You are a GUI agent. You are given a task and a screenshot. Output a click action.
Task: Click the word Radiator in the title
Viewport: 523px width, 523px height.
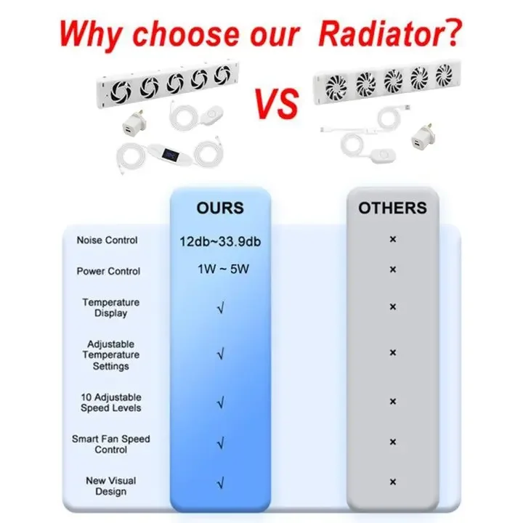click(x=381, y=33)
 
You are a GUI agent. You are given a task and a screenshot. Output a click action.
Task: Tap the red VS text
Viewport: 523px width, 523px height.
click(x=276, y=103)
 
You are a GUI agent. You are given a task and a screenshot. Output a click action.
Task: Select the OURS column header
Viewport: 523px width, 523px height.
click(x=220, y=208)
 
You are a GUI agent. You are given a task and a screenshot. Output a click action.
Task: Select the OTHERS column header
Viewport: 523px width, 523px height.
click(x=392, y=208)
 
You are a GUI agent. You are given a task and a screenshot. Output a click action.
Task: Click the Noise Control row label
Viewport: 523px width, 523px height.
click(x=107, y=240)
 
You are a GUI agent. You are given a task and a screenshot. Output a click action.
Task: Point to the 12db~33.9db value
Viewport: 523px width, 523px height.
click(x=220, y=241)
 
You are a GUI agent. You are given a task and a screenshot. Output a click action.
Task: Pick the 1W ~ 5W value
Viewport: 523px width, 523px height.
click(x=223, y=269)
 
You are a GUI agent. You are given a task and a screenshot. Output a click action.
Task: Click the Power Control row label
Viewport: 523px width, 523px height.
click(x=108, y=271)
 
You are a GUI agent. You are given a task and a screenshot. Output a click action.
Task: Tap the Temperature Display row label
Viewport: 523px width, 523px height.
click(x=110, y=307)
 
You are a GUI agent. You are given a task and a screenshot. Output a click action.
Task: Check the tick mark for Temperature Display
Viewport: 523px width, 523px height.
click(x=221, y=307)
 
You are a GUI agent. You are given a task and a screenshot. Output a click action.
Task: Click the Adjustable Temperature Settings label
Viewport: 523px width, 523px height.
click(x=110, y=355)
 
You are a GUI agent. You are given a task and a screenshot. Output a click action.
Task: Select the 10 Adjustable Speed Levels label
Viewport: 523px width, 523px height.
click(x=110, y=402)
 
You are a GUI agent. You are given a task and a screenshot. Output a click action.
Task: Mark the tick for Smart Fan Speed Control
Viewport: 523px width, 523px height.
click(x=221, y=444)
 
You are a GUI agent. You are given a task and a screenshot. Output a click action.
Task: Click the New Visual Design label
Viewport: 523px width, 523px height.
click(x=110, y=486)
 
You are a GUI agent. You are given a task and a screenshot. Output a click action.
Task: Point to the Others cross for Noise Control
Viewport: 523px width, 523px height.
click(x=393, y=239)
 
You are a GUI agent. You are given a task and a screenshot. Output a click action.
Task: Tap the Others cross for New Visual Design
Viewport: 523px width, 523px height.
click(x=393, y=482)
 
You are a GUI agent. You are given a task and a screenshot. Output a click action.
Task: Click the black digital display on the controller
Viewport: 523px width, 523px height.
click(x=170, y=155)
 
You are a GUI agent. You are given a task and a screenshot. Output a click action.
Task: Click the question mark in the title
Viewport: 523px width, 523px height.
click(x=453, y=33)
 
